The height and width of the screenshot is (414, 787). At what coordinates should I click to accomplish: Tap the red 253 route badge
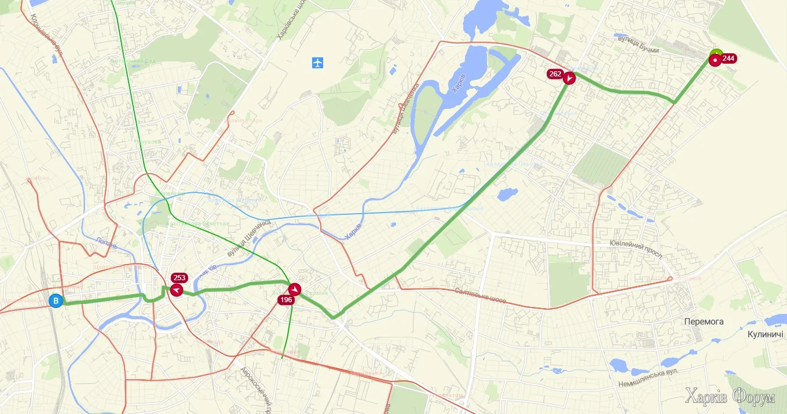180,278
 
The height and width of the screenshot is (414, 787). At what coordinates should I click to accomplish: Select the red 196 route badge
286,299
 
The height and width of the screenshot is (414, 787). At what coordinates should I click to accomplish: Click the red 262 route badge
555,74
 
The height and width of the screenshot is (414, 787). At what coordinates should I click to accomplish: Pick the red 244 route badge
729,58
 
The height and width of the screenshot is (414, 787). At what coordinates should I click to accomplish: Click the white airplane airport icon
317,62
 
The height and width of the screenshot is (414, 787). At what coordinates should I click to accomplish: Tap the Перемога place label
704,322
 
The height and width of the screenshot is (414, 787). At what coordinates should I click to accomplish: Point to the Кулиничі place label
765,334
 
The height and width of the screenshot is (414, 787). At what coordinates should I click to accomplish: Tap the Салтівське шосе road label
480,296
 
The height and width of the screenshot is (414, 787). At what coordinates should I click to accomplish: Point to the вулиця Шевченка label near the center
249,240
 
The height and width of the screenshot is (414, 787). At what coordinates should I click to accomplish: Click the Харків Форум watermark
729,397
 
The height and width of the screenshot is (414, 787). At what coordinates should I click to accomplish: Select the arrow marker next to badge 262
569,78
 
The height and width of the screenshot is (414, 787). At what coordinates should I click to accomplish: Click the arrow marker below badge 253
176,290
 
